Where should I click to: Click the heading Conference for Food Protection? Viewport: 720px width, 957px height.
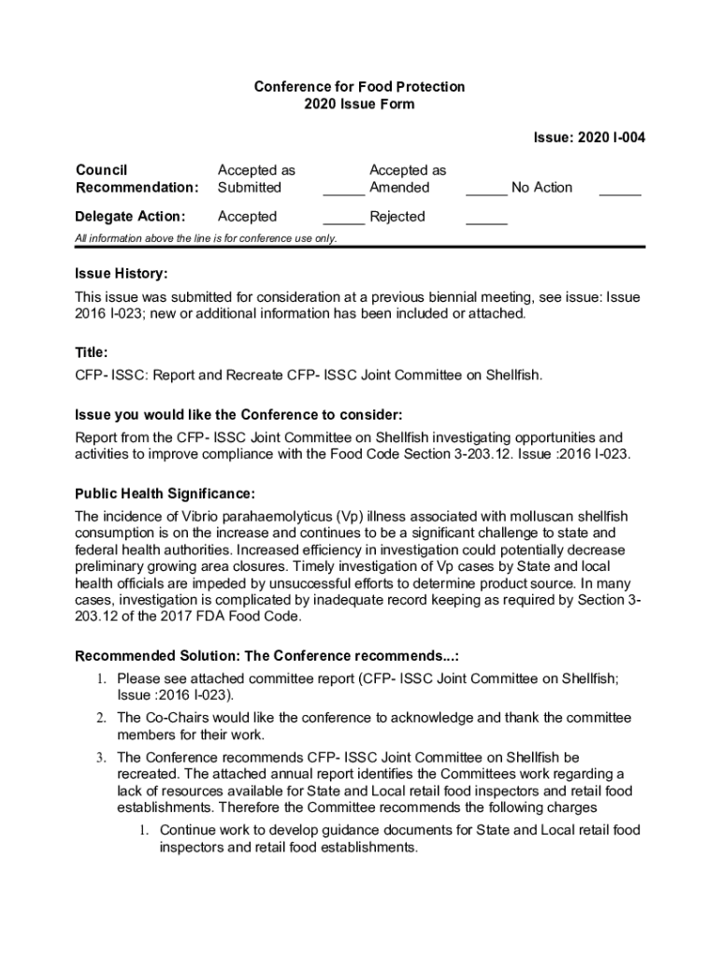point(359,87)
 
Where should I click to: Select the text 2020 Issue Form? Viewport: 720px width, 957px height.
point(359,105)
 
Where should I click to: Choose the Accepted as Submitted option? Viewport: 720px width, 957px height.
point(255,179)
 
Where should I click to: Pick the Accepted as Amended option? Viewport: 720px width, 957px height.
point(408,179)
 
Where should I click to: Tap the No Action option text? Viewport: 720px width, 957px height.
point(541,188)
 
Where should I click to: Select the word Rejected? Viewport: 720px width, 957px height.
point(397,217)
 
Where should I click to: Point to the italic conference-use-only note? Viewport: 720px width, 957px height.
point(206,238)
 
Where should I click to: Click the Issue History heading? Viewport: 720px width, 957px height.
point(122,275)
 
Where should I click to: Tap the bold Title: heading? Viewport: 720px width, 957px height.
point(92,353)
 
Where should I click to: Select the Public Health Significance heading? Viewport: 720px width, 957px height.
point(165,493)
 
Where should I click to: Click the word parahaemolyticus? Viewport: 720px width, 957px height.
point(256,516)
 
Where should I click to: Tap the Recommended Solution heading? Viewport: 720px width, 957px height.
point(266,654)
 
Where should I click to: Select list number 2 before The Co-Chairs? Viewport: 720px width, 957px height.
point(100,718)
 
